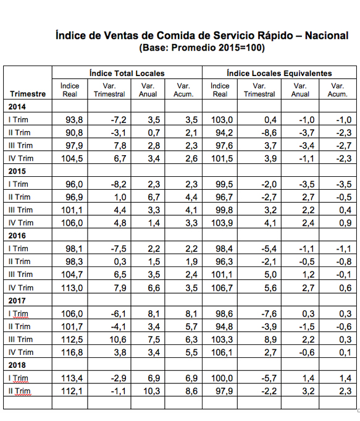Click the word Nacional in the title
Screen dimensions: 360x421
pos(327,35)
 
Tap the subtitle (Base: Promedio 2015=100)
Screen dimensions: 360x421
pos(202,48)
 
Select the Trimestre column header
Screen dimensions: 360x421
pos(28,94)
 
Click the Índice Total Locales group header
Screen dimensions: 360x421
pos(127,73)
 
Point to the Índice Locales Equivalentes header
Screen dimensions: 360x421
pos(279,73)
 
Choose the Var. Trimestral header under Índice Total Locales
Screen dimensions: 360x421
pos(109,90)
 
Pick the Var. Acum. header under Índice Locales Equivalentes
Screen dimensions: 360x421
pos(338,90)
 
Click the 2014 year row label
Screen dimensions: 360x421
pos(17,106)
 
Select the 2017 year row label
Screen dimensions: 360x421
pos(17,300)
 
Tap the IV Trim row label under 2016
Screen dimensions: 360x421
pos(21,288)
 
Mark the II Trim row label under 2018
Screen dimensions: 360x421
pos(19,391)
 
